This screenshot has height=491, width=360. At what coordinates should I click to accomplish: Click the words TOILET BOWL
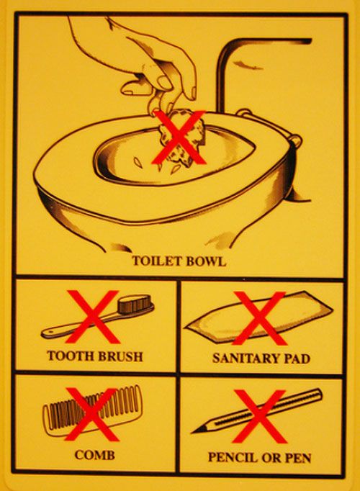tap(179, 261)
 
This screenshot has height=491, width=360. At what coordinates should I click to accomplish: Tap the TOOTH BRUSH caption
tap(94, 356)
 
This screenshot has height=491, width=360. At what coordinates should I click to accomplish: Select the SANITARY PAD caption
tap(261, 358)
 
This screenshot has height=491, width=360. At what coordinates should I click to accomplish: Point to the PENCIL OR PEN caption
tap(260, 456)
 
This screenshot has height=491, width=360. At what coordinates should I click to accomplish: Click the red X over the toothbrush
tap(93, 317)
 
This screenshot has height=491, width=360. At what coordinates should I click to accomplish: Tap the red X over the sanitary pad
tap(260, 317)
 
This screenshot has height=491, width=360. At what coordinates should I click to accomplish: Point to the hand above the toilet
tap(144, 58)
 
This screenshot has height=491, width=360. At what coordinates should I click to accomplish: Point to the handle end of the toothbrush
tap(50, 333)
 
